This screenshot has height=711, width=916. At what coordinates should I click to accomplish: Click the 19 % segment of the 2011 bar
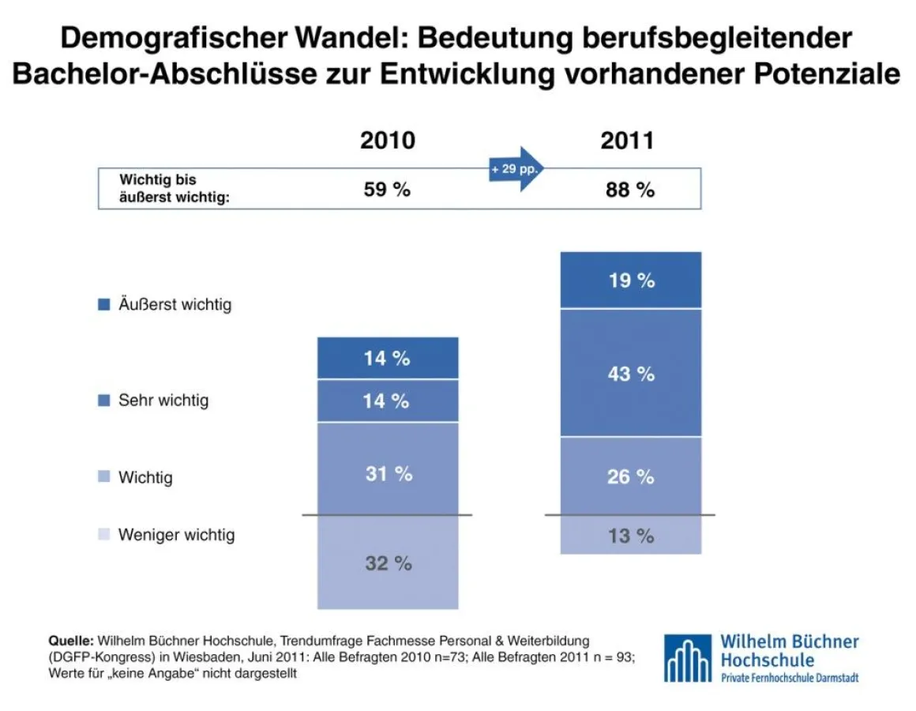coord(630,280)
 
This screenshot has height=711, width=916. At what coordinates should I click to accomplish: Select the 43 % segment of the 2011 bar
coord(630,372)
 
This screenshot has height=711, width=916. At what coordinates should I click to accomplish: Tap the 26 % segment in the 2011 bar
coord(630,476)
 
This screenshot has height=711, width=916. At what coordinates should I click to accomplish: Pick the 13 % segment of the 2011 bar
coord(630,535)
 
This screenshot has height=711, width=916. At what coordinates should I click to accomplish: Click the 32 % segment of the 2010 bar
coord(388,562)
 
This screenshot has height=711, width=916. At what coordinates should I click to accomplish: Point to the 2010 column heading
coord(388,141)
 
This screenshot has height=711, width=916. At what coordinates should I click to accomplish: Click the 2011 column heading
coord(627,141)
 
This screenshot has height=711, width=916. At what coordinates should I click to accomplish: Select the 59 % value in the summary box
coord(387,190)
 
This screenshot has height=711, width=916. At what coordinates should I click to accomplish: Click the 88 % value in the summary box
coord(630,190)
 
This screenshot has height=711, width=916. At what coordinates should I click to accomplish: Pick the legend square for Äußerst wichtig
coord(103,304)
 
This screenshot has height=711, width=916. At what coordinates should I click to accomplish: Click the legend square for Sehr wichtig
coord(103,401)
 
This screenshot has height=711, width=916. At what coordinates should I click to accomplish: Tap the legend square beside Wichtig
coord(103,477)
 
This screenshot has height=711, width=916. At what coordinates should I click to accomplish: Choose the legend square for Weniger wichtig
coord(103,535)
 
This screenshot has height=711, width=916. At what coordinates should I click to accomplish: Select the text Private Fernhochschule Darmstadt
coord(789,678)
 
